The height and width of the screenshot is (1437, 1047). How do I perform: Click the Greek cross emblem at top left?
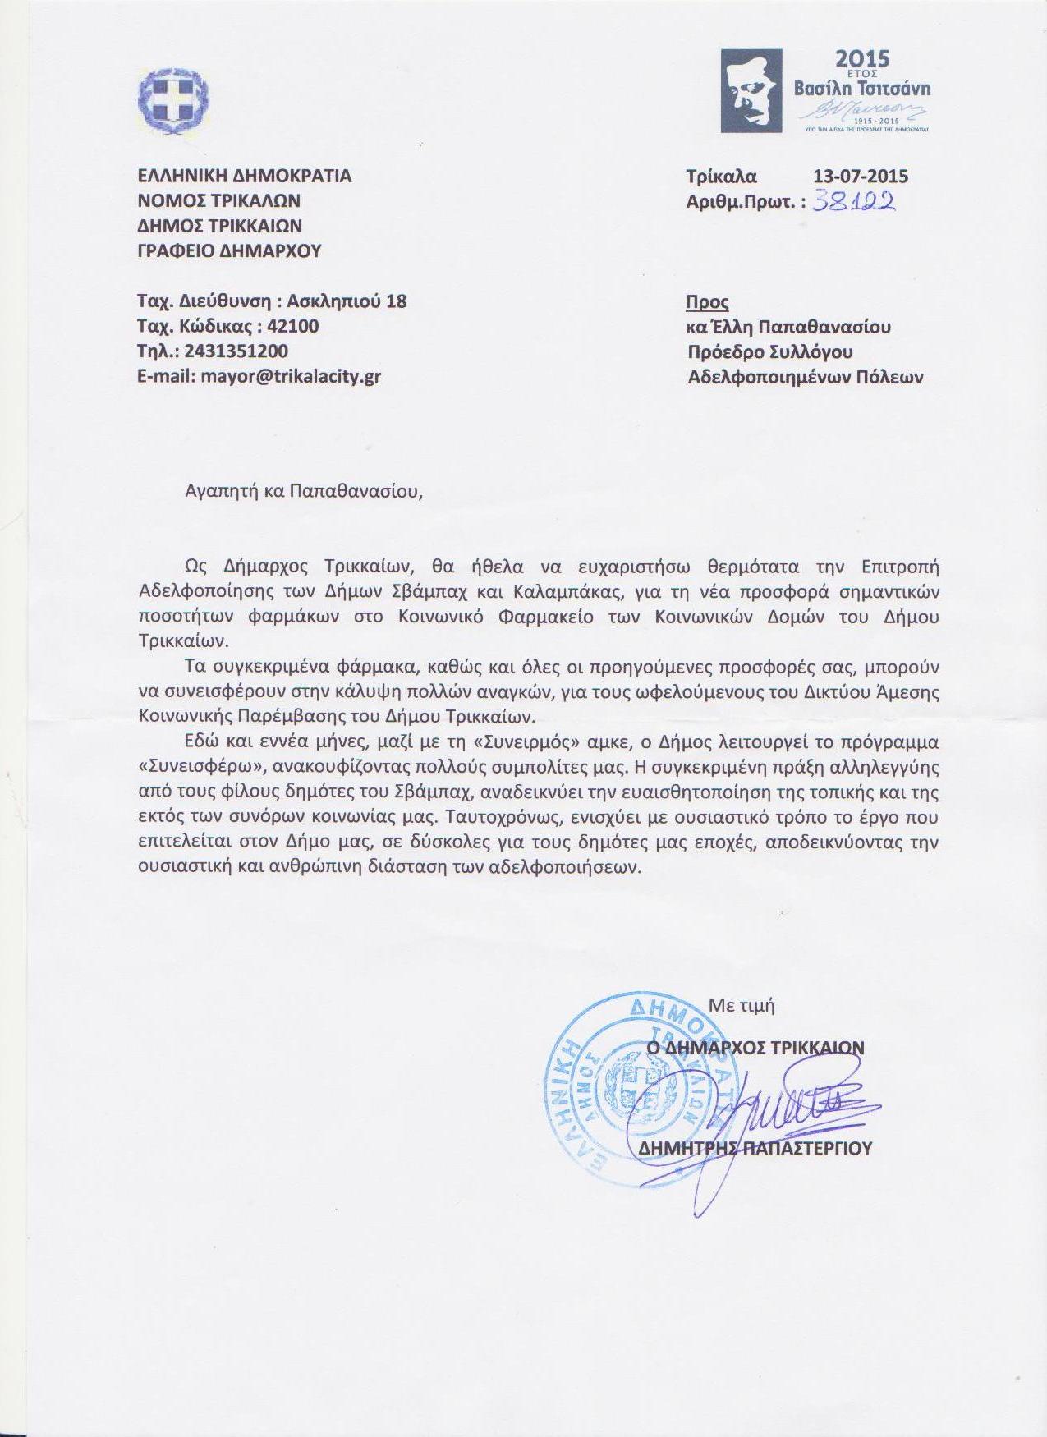(x=174, y=96)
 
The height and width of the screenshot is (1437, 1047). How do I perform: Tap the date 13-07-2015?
(x=860, y=176)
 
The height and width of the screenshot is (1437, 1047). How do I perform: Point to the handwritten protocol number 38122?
(x=853, y=200)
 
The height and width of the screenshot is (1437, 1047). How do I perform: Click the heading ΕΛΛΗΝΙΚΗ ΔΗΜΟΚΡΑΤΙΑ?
(x=244, y=176)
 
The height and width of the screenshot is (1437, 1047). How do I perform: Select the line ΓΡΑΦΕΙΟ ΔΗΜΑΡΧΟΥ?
(x=229, y=251)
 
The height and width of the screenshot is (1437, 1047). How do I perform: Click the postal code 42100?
(x=293, y=326)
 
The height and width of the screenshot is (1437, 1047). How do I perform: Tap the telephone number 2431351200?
(x=236, y=351)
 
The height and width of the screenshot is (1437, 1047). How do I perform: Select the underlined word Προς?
(x=708, y=301)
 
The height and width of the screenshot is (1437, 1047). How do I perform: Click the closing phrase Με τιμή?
(x=742, y=1004)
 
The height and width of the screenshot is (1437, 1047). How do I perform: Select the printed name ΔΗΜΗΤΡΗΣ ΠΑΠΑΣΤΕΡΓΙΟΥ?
(x=755, y=1147)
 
